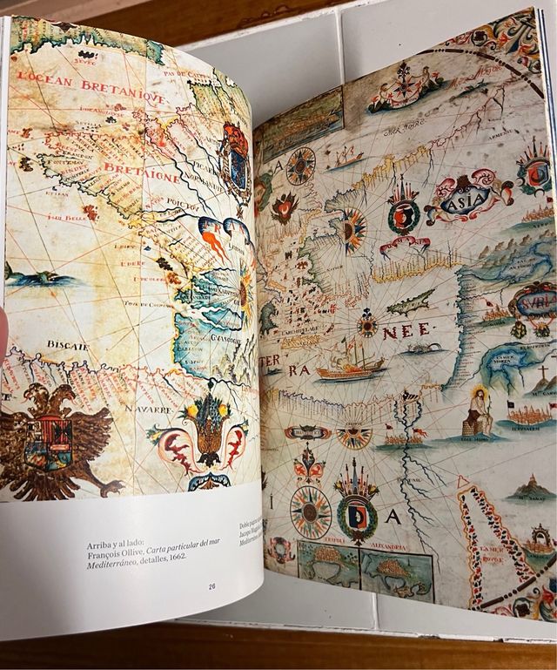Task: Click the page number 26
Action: click(211, 586)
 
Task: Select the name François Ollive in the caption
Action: click(121, 558)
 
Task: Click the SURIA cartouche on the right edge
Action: click(533, 305)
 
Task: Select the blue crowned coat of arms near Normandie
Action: click(235, 157)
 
